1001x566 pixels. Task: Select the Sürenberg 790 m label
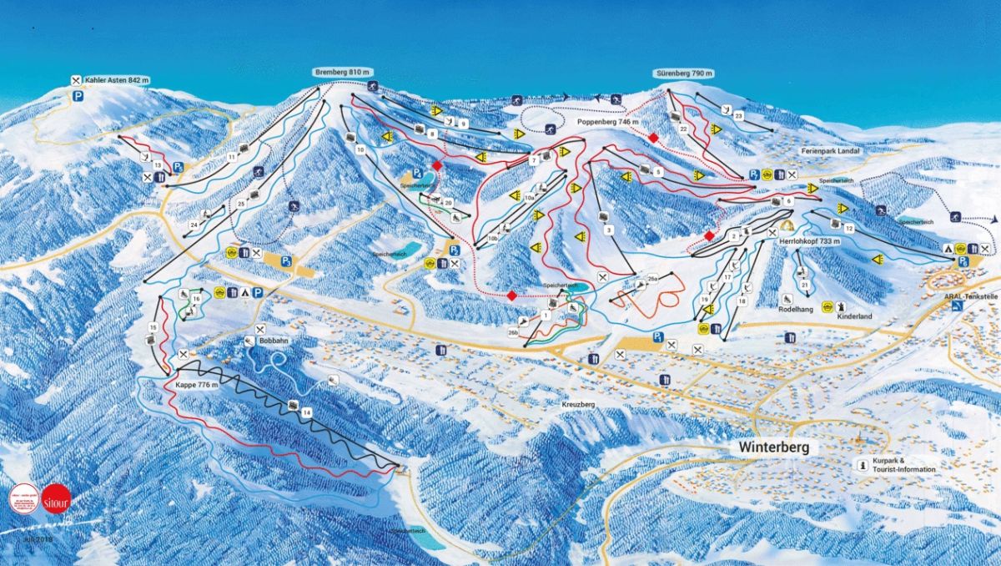[x=684, y=73]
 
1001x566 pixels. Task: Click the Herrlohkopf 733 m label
[x=808, y=241]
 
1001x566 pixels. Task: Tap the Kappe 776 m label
[x=197, y=385]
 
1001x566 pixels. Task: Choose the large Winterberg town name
[x=773, y=448]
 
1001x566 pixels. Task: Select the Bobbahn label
[x=273, y=342]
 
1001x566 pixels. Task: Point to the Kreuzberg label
[x=576, y=404]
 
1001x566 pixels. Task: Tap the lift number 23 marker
[x=738, y=115]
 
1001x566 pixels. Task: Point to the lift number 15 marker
[x=153, y=327]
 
